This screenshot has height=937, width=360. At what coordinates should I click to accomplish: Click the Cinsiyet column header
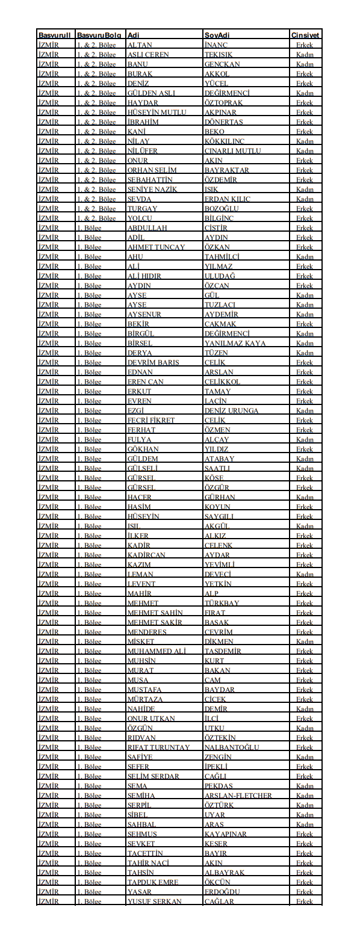click(305, 36)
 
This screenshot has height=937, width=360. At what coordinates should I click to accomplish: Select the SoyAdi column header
click(217, 36)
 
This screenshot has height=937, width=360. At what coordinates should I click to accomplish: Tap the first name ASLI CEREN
click(148, 55)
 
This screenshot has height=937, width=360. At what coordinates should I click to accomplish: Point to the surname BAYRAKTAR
click(226, 170)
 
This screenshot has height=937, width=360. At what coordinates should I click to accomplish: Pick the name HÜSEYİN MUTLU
click(157, 113)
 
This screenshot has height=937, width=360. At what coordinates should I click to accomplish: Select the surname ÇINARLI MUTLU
click(232, 151)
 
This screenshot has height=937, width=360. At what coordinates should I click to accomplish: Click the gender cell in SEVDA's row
click(305, 199)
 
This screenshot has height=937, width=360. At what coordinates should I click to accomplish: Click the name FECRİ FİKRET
click(151, 421)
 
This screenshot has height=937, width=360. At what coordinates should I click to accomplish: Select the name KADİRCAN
click(146, 555)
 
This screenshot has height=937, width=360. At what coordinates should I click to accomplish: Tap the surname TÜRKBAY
click(222, 603)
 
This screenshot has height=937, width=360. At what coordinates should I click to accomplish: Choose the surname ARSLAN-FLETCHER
click(238, 796)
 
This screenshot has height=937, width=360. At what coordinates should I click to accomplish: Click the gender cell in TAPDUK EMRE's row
click(305, 882)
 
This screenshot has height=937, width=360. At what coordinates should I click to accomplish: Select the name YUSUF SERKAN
click(154, 901)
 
